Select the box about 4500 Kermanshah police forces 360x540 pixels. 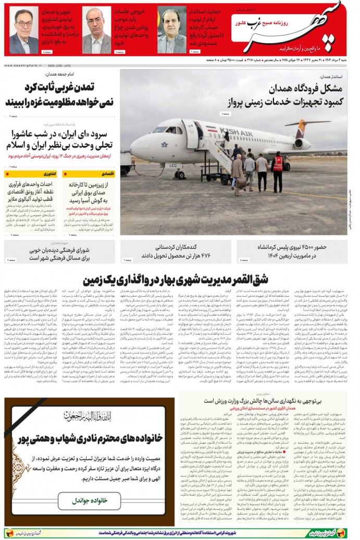pos(292,251)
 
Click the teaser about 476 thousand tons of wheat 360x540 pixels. pos(177,251)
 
